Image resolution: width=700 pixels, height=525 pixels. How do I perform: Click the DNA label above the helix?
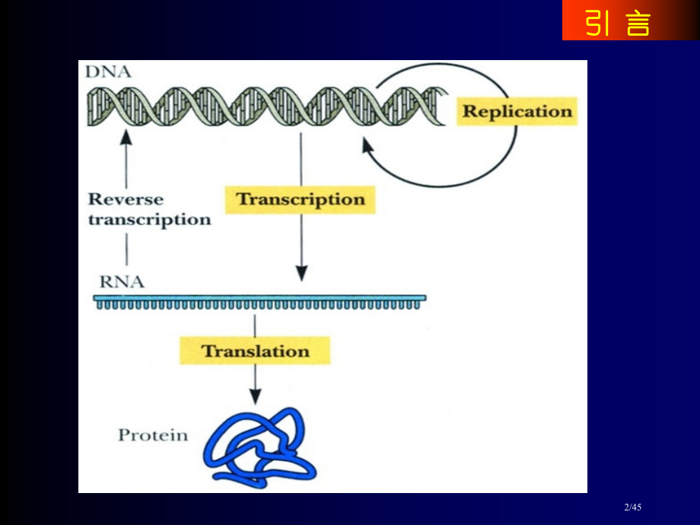109,72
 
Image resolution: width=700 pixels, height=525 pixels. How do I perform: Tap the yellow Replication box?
517,111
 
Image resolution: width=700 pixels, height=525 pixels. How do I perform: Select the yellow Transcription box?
301,199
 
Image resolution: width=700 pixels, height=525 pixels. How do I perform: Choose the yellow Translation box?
255,351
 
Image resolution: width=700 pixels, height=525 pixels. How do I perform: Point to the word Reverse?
126,199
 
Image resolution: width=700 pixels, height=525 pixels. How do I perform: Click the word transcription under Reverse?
149,220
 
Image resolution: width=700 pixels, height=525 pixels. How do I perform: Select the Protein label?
152,435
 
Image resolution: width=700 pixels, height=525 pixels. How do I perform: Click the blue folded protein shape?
259,449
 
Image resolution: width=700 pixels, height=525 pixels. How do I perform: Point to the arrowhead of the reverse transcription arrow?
126,137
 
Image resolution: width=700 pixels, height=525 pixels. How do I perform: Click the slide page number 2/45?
633,508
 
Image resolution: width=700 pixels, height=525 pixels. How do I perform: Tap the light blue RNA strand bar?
259,298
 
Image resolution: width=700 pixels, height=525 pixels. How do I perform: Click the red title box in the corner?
619,21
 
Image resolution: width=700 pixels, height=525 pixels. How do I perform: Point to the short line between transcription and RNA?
126,249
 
